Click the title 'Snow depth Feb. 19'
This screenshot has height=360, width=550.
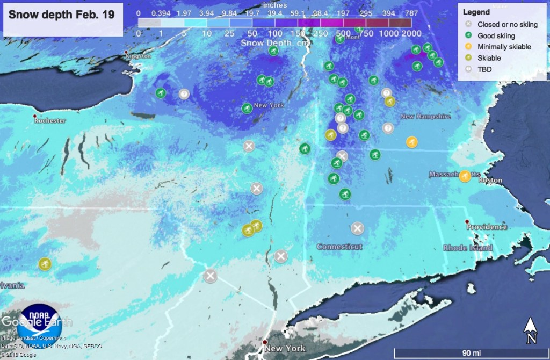pos(62,15)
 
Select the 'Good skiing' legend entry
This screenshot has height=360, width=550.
pos(496,36)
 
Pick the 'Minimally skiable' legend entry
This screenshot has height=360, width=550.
pos(504,47)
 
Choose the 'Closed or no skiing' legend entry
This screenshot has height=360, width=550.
pos(507,25)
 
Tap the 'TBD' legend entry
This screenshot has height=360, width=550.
pos(485,69)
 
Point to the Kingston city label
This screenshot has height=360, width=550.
pos(138,56)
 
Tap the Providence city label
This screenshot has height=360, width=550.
pos(487,227)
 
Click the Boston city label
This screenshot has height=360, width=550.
pos(490,181)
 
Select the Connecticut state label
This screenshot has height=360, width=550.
pos(339,247)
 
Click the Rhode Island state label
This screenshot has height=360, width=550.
pos(467,248)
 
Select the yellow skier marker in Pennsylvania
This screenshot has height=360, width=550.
pos(45,264)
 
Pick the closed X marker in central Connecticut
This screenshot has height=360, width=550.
pos(357,228)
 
